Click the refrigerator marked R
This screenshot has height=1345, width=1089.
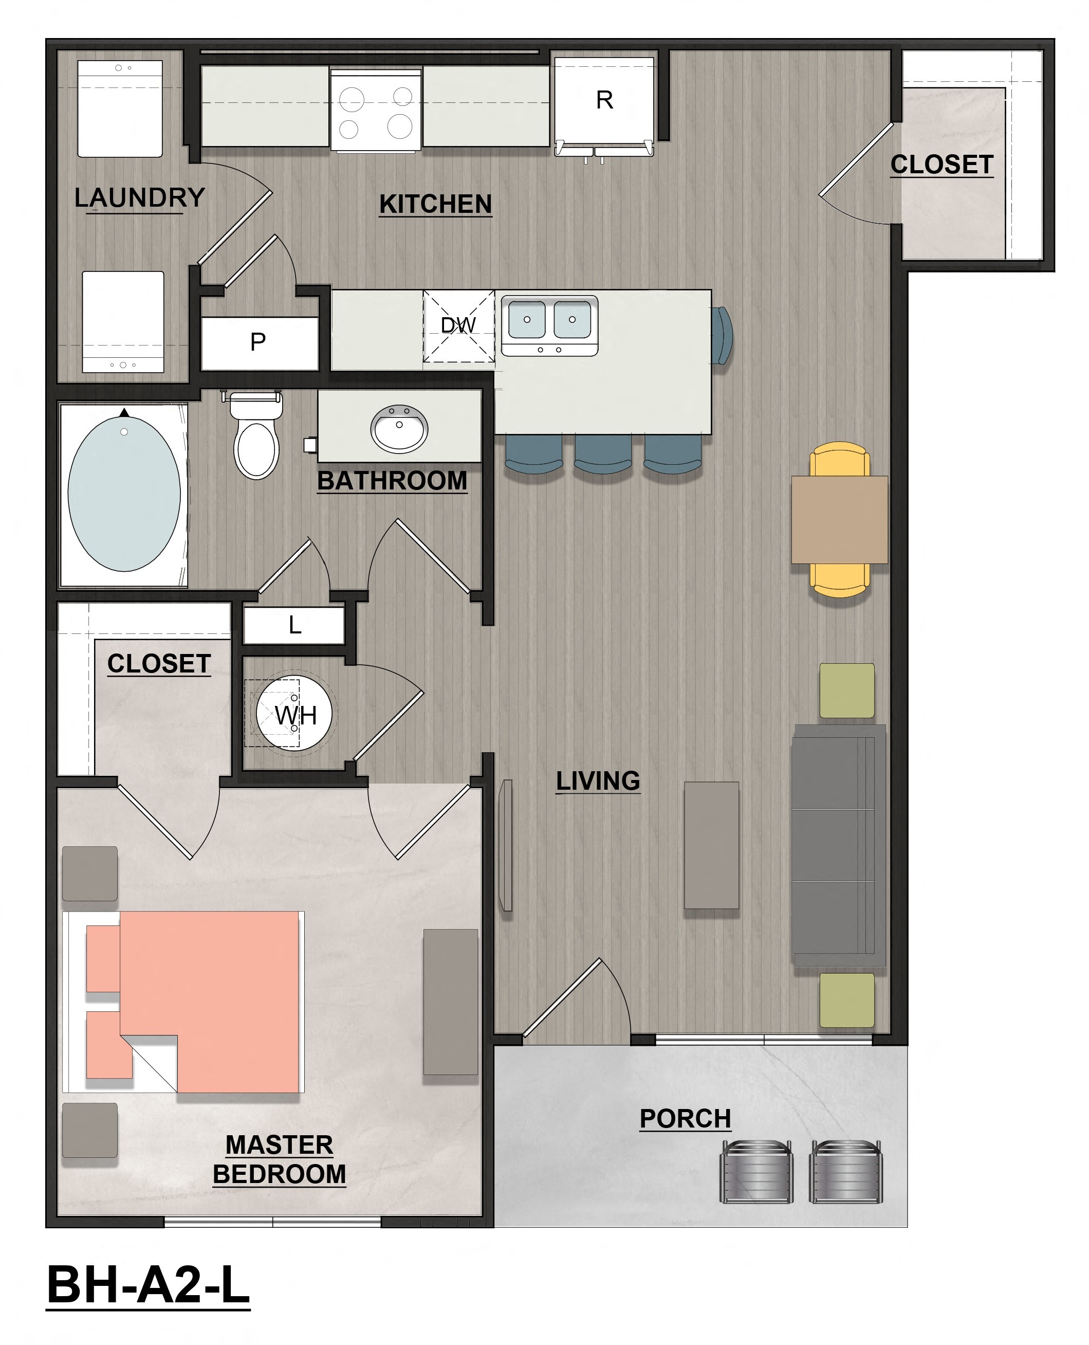click(604, 100)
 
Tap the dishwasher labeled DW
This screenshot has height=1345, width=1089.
click(458, 326)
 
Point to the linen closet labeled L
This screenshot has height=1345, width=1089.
click(293, 625)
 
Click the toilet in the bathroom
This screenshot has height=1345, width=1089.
click(256, 440)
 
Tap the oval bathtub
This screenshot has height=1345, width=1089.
click(124, 494)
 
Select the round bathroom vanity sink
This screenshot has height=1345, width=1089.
click(399, 429)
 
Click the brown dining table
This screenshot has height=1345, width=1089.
click(839, 520)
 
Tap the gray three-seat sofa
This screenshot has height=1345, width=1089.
click(838, 845)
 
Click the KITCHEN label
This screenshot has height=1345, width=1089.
click(435, 205)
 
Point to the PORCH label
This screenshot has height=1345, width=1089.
click(685, 1119)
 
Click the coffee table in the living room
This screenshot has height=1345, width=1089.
click(711, 845)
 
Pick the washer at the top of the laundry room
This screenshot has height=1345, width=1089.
click(120, 108)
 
